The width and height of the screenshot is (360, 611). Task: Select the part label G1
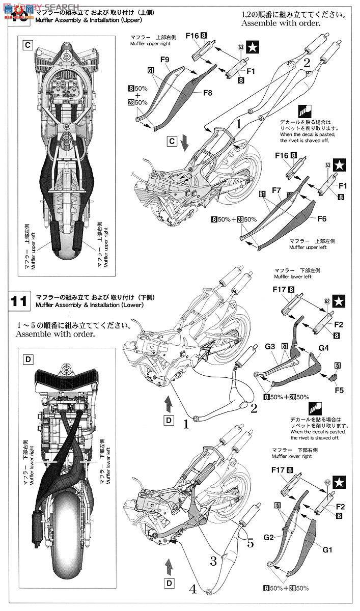pyautogui.click(x=326, y=550)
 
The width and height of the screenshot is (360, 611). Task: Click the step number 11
pyautogui.click(x=19, y=301)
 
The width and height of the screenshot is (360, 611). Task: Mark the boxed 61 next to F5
pyautogui.click(x=337, y=365)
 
